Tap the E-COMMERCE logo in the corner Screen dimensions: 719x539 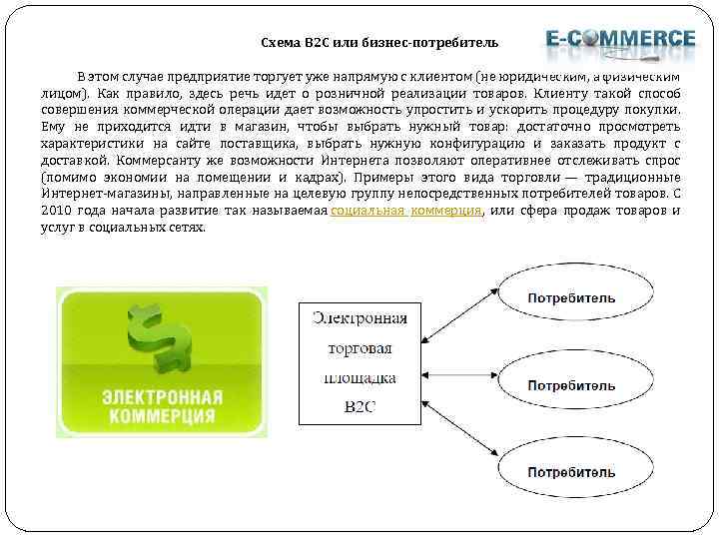620,39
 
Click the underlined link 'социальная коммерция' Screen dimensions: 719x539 405,211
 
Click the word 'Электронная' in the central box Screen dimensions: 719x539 359,318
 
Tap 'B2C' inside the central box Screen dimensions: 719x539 359,407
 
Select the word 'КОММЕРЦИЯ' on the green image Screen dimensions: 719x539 162,415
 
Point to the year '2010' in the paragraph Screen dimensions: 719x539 58,211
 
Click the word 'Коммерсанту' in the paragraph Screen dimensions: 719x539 156,160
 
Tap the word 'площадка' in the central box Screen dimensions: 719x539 359,378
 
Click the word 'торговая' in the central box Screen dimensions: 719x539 359,349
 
